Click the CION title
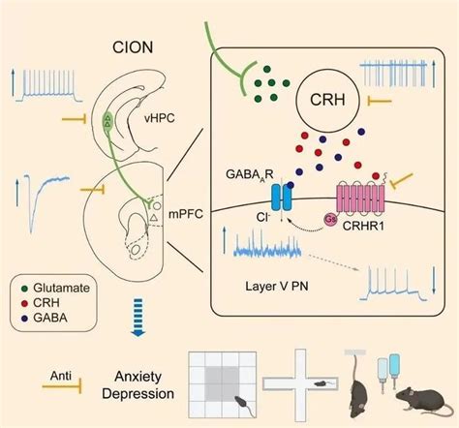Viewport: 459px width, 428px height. click(x=133, y=47)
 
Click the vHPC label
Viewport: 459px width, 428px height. click(x=159, y=118)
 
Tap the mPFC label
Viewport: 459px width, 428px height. click(x=186, y=214)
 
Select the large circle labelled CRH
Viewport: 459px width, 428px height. click(x=327, y=100)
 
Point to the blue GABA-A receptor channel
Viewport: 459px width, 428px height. click(x=281, y=198)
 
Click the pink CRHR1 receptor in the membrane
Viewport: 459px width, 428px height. click(x=360, y=198)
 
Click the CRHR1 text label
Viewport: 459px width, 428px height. click(x=363, y=226)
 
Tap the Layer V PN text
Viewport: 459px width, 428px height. click(x=277, y=286)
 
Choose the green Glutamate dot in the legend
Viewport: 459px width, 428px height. click(x=24, y=289)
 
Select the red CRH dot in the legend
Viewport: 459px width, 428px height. click(x=24, y=303)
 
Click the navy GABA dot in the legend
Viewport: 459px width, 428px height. click(x=24, y=319)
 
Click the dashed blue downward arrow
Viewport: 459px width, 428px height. click(x=138, y=318)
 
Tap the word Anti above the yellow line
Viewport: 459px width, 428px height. click(x=61, y=376)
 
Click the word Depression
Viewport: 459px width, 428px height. click(x=138, y=394)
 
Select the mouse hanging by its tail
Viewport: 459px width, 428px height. click(x=357, y=388)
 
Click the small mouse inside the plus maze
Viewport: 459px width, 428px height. click(x=322, y=383)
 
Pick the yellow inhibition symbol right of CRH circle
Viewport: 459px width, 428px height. click(x=380, y=102)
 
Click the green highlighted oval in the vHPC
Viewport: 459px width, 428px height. click(x=107, y=122)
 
